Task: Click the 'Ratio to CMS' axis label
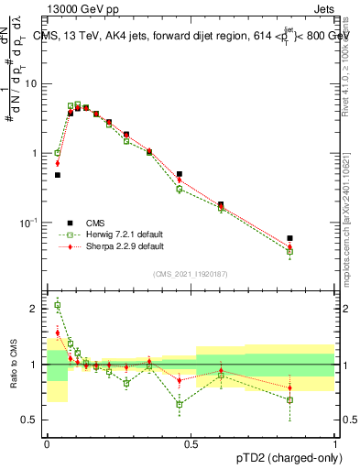pyautogui.click(x=16, y=365)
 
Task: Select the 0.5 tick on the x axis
pyautogui.click(x=191, y=443)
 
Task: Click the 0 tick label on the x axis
pyautogui.click(x=47, y=443)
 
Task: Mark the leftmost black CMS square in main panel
pyautogui.click(x=57, y=174)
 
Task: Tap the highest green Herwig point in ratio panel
pyautogui.click(x=57, y=305)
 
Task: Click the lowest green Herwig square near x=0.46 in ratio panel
pyautogui.click(x=180, y=404)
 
